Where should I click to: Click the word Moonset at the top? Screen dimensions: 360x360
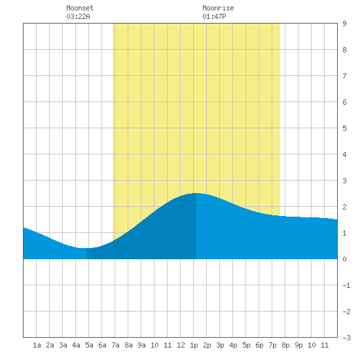(x=80, y=8)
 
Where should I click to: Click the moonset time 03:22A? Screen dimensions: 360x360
(x=78, y=16)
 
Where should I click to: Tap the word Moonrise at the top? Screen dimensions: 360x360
(x=218, y=8)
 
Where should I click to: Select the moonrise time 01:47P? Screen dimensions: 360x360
(x=214, y=16)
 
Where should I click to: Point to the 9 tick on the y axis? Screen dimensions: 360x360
(x=344, y=24)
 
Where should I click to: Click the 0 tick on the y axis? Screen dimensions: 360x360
(x=344, y=259)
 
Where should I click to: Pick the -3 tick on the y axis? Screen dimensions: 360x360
(x=346, y=338)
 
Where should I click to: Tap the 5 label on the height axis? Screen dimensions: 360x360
(x=344, y=128)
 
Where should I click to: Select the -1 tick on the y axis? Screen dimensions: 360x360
(x=346, y=285)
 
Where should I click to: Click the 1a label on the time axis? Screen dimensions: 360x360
(x=37, y=345)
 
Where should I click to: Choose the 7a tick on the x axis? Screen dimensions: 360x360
(x=115, y=345)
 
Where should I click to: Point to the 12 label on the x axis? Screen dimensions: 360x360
(x=181, y=345)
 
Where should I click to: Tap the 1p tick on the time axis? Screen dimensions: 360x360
(x=194, y=345)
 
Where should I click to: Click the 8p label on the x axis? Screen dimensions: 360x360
(x=285, y=345)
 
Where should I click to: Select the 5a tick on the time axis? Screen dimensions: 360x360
(x=89, y=345)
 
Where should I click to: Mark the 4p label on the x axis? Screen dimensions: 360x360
(x=233, y=345)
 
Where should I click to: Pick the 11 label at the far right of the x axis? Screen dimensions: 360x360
(x=325, y=345)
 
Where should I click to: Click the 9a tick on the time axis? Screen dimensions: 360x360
(x=141, y=345)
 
